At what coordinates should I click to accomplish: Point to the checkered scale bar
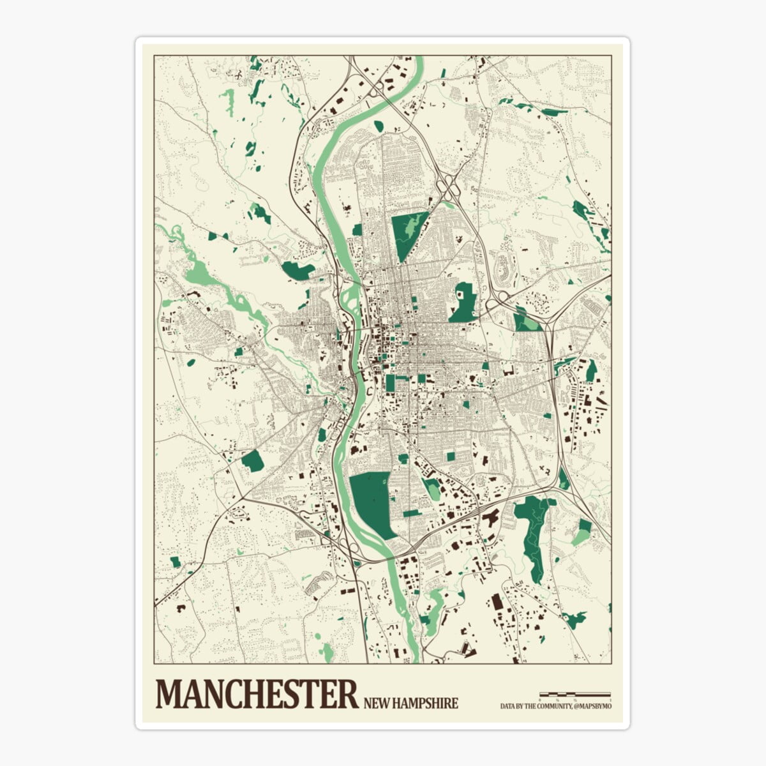click(x=575, y=693)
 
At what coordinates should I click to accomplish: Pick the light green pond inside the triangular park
click(x=412, y=225)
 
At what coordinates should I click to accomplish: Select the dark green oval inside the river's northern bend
click(x=378, y=126)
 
